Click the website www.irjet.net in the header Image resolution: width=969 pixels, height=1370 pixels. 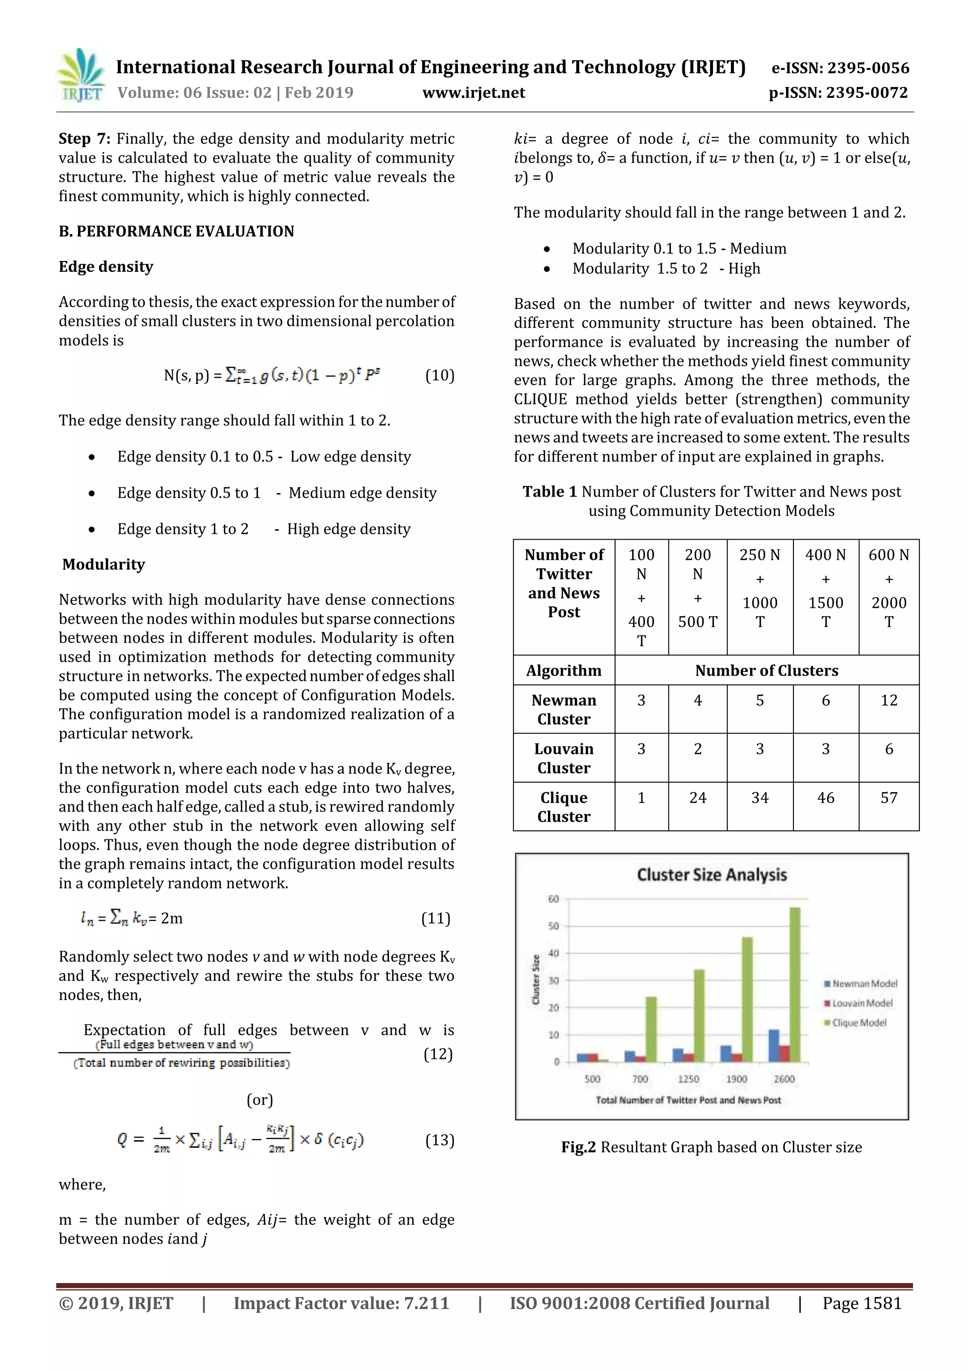pyautogui.click(x=474, y=93)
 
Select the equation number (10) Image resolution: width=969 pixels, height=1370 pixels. pyautogui.click(x=440, y=375)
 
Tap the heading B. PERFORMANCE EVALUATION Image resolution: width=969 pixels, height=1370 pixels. pyautogui.click(x=176, y=232)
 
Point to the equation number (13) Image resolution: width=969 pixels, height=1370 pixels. pyautogui.click(x=440, y=1140)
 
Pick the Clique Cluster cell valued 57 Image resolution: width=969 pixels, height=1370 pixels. pyautogui.click(x=889, y=798)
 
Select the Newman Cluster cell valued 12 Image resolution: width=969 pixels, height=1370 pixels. pyautogui.click(x=889, y=700)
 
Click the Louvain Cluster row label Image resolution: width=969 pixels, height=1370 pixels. pyautogui.click(x=564, y=759)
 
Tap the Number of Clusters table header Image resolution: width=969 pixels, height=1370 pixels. pyautogui.click(x=766, y=671)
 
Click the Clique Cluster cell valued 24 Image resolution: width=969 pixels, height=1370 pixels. pyautogui.click(x=697, y=798)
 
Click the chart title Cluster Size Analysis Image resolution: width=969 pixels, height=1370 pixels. pyautogui.click(x=712, y=875)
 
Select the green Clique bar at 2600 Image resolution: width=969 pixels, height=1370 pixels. pyautogui.click(x=795, y=985)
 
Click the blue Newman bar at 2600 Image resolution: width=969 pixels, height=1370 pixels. pyautogui.click(x=774, y=1046)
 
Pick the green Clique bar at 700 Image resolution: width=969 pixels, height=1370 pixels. pyautogui.click(x=651, y=1030)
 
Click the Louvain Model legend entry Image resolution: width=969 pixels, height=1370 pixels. pyautogui.click(x=862, y=1003)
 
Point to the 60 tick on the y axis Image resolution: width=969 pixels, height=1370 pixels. pyautogui.click(x=554, y=899)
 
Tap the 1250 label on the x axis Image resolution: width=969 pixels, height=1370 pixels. pyautogui.click(x=688, y=1079)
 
